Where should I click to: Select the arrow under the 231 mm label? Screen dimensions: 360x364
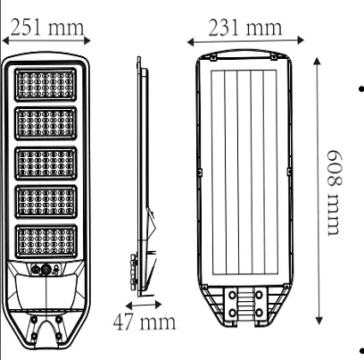[246, 41]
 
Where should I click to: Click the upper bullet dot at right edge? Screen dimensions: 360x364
[359, 90]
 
